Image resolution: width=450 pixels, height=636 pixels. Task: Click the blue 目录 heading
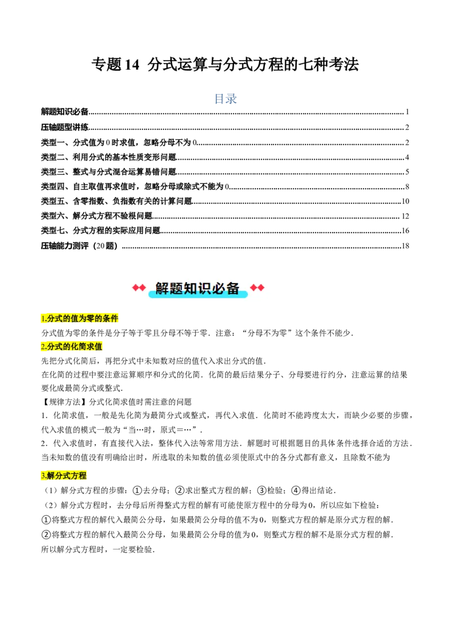tap(225, 99)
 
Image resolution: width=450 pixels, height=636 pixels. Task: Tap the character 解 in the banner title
tap(162, 288)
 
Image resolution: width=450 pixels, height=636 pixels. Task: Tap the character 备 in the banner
tap(233, 288)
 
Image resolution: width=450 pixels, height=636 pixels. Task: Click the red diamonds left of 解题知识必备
tap(139, 288)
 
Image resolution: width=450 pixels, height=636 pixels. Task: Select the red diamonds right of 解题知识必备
tap(257, 288)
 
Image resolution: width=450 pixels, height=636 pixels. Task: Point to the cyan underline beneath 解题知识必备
tap(198, 295)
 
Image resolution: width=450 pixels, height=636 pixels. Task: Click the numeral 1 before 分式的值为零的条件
tap(43, 319)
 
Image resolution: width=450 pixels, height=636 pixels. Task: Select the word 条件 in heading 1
tap(111, 319)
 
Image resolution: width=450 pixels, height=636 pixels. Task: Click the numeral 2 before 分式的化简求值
tap(43, 347)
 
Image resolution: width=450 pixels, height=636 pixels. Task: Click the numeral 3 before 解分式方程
tap(43, 476)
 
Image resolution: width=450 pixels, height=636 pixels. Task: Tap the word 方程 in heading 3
tap(79, 476)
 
